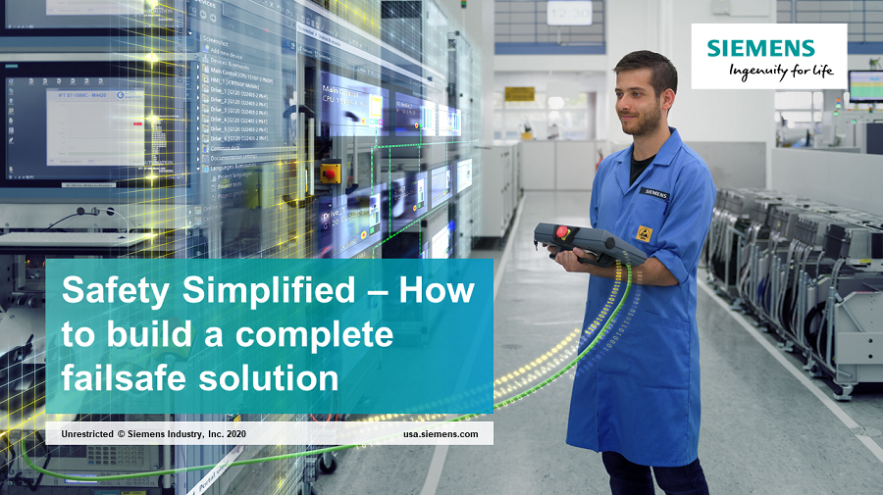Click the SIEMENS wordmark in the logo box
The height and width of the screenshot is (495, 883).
[x=761, y=48]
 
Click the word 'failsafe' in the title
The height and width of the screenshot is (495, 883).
[x=125, y=377]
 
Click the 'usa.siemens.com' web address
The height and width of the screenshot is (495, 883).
[x=441, y=433]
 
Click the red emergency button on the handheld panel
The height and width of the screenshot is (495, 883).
[x=562, y=232]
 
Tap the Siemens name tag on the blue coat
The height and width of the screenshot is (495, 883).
[x=654, y=193]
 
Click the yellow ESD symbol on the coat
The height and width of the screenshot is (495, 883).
[x=646, y=234]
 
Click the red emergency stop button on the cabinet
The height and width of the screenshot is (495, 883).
[x=331, y=173]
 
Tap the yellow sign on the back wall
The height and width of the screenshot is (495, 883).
[x=519, y=94]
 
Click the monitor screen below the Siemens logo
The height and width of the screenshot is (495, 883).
[x=864, y=86]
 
